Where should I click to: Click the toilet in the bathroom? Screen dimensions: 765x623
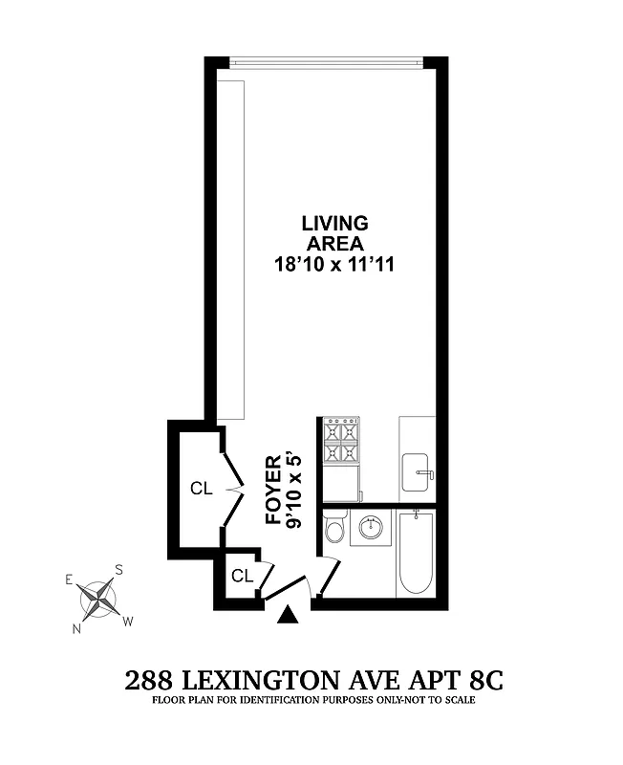(x=334, y=529)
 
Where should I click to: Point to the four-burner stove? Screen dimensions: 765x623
(x=341, y=441)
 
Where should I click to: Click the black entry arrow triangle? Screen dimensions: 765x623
(x=287, y=617)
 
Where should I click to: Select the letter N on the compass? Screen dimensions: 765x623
(x=77, y=628)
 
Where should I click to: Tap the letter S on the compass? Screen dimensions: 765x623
(x=118, y=570)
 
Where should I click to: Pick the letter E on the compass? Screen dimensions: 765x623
(x=69, y=579)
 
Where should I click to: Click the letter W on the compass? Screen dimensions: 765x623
(x=127, y=621)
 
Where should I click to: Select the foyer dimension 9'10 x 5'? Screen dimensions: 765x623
(x=295, y=490)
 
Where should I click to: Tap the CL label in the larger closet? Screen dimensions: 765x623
(x=201, y=488)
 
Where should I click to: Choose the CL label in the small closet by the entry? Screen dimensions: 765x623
(x=242, y=576)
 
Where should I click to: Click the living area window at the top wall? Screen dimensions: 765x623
(x=326, y=63)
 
